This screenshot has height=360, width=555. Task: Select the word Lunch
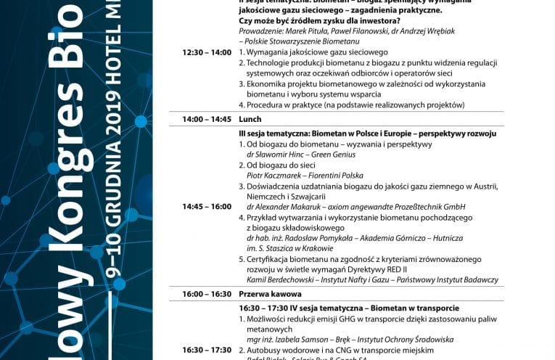point(250,119)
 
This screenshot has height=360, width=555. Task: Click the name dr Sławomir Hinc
point(280,155)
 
